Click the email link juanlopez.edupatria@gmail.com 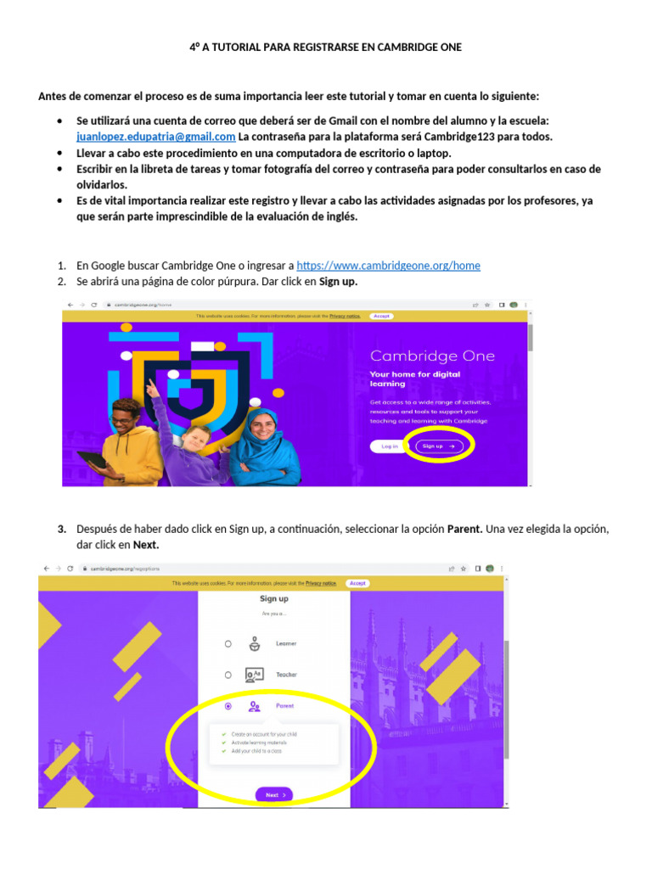[x=155, y=137]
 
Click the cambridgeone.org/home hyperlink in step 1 [x=388, y=266]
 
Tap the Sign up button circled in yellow [x=439, y=446]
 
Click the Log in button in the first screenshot [x=390, y=446]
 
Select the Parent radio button [x=228, y=706]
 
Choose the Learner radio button [x=228, y=644]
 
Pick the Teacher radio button [x=228, y=676]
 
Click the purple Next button [x=273, y=795]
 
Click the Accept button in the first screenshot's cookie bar [x=381, y=316]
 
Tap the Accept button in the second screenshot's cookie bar [x=357, y=583]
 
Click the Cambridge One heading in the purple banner [x=432, y=356]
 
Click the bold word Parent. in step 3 [x=464, y=529]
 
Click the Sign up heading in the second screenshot [x=273, y=599]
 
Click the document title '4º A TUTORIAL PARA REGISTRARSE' [x=325, y=48]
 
